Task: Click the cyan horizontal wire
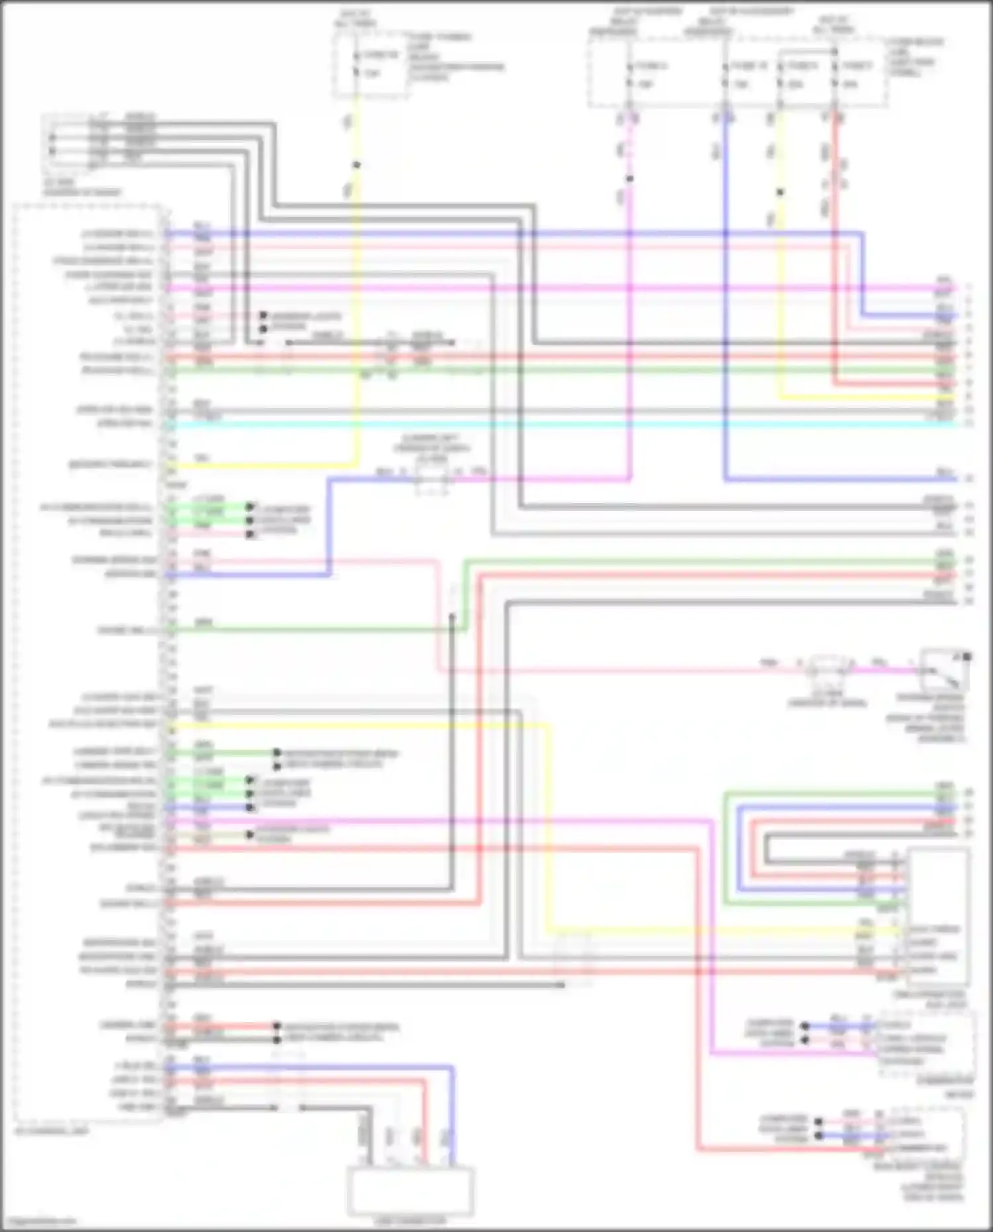[530, 424]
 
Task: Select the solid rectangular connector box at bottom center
[410, 1190]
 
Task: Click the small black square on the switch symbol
[967, 657]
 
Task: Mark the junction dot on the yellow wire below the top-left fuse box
[356, 165]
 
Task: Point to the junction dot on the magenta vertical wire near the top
[630, 179]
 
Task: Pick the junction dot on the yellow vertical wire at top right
[780, 193]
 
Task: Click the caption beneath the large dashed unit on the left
[52, 1131]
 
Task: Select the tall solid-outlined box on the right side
[939, 917]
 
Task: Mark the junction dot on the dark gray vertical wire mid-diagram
[453, 616]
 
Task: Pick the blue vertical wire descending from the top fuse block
[726, 298]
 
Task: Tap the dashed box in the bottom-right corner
[927, 1133]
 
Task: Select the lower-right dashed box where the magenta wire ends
[925, 1044]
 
